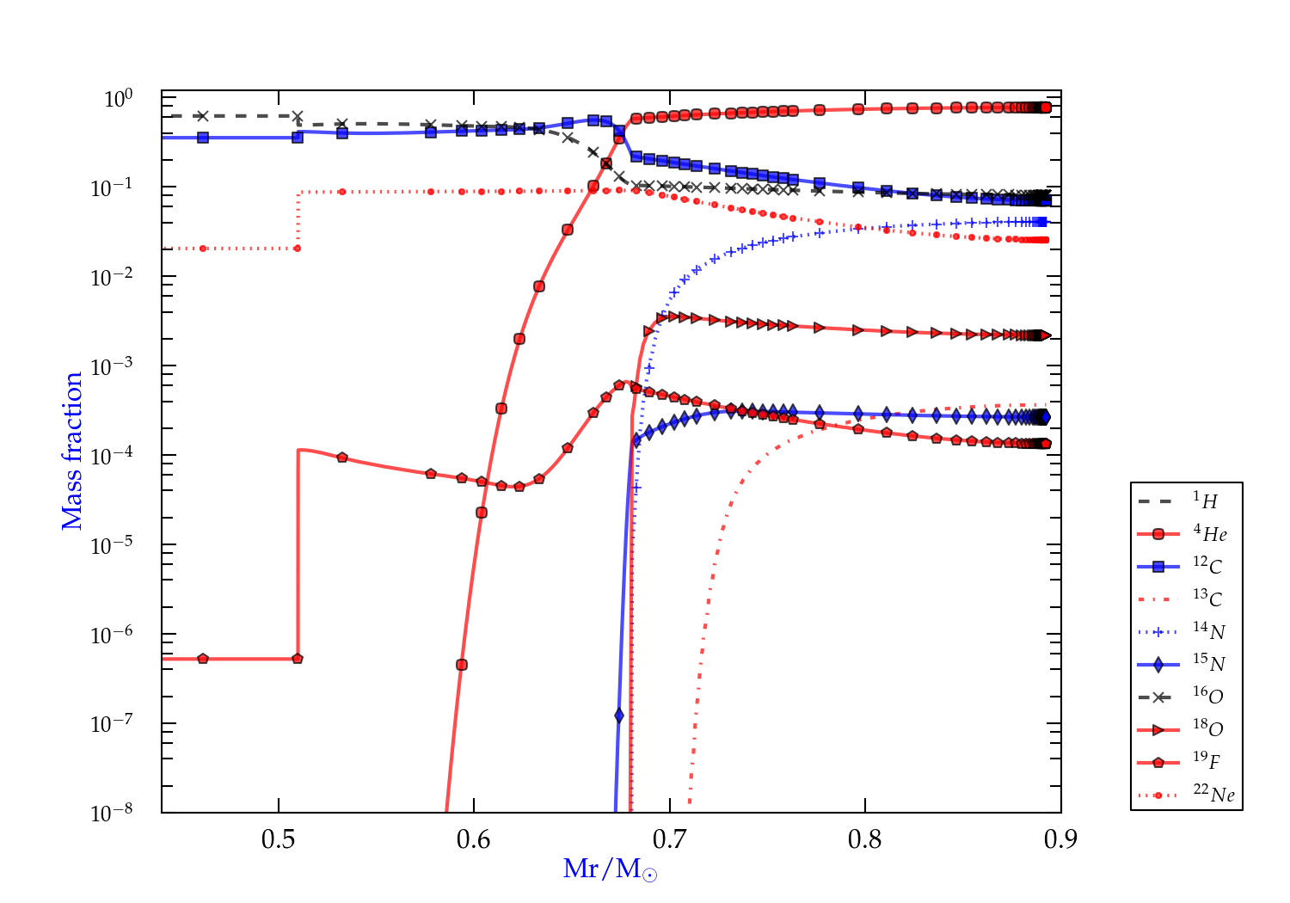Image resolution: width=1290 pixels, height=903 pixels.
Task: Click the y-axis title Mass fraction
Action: pyautogui.click(x=72, y=451)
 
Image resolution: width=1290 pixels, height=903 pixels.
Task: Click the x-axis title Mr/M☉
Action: pyautogui.click(x=610, y=869)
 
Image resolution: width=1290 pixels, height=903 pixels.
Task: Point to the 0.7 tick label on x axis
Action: pyautogui.click(x=669, y=839)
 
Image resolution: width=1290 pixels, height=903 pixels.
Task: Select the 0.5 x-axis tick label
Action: pyautogui.click(x=278, y=839)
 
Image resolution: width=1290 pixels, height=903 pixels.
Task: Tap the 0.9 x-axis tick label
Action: pyautogui.click(x=1060, y=839)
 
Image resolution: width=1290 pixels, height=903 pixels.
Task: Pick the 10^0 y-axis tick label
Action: pyautogui.click(x=118, y=98)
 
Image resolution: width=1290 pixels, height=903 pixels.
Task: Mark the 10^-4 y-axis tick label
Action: pyautogui.click(x=112, y=455)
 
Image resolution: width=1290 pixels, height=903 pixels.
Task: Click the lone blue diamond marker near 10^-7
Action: pyautogui.click(x=619, y=716)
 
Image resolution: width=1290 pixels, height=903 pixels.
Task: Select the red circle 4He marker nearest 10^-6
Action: pyautogui.click(x=462, y=665)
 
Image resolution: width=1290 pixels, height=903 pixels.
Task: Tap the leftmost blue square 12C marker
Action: pyautogui.click(x=203, y=138)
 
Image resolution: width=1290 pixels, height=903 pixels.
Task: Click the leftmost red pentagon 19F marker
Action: pyautogui.click(x=203, y=659)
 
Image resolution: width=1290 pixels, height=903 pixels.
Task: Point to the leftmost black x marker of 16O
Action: pyautogui.click(x=203, y=116)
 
